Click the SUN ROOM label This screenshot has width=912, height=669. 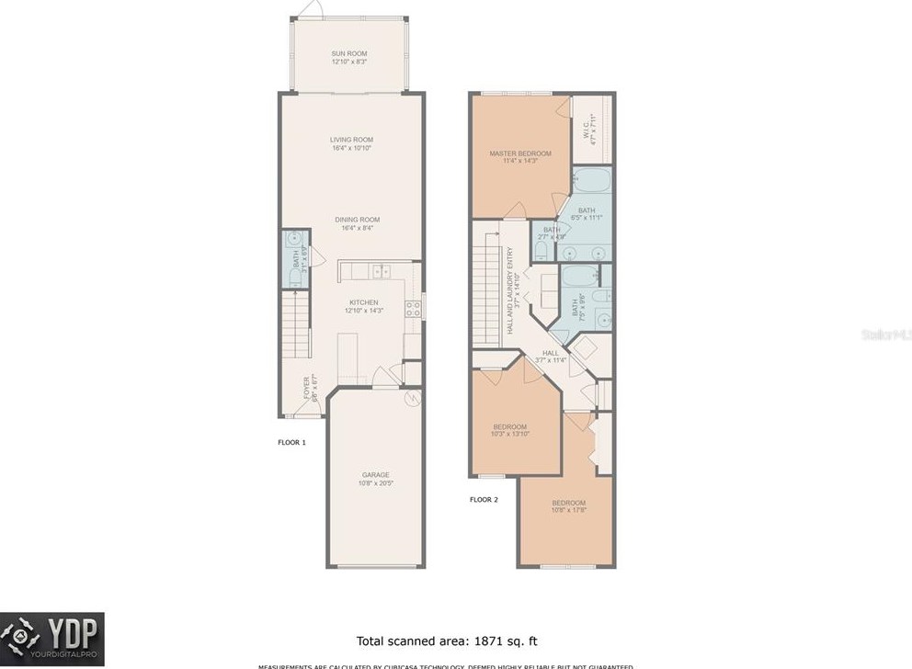349,54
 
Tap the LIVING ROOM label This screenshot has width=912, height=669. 351,140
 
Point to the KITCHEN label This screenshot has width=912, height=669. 363,302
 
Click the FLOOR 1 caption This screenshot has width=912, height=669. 291,443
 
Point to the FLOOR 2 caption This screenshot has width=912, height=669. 484,500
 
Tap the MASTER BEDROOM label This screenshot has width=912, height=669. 520,153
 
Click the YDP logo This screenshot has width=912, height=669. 52,639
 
